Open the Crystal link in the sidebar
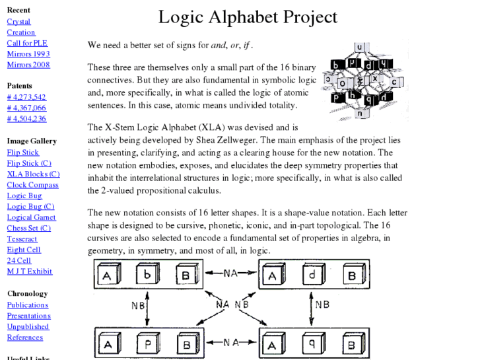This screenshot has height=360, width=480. (18, 22)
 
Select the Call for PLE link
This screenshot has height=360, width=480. (27, 44)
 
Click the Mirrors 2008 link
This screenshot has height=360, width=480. (28, 65)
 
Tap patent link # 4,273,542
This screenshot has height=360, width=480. (26, 97)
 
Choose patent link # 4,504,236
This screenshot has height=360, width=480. (26, 119)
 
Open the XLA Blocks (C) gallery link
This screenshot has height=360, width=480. (33, 174)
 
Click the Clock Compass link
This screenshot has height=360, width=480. (32, 185)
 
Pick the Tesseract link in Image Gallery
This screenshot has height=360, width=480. (22, 239)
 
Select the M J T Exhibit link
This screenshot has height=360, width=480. (30, 271)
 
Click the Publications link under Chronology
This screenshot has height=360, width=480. (28, 305)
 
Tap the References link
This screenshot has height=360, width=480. (25, 338)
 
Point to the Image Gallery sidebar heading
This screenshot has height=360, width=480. (32, 141)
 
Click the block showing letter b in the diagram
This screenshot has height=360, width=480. (149, 274)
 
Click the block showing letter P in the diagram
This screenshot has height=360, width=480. (149, 343)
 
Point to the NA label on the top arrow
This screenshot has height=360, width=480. (230, 272)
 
